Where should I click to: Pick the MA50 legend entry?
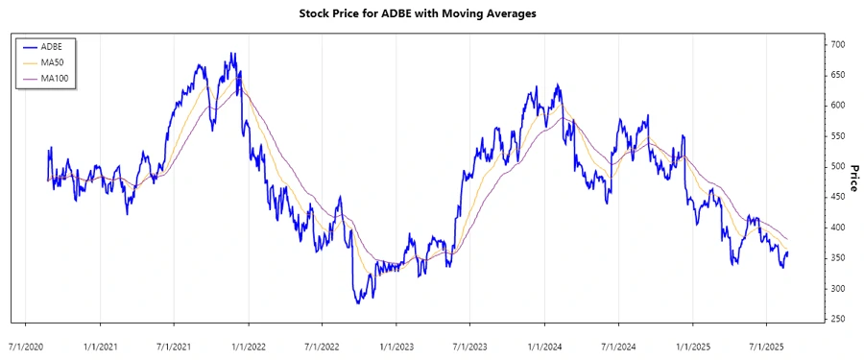53,61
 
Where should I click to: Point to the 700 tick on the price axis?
838,44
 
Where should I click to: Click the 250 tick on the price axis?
838,320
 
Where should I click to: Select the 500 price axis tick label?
838,167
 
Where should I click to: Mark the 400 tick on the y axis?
838,228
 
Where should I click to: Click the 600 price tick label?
838,106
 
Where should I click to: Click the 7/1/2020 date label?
26,344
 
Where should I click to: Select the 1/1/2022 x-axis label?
248,344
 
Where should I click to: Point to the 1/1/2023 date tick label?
396,344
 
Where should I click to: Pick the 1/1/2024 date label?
543,344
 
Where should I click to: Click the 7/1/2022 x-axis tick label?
322,344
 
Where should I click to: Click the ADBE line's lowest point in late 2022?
358,303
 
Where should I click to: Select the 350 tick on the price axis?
838,258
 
